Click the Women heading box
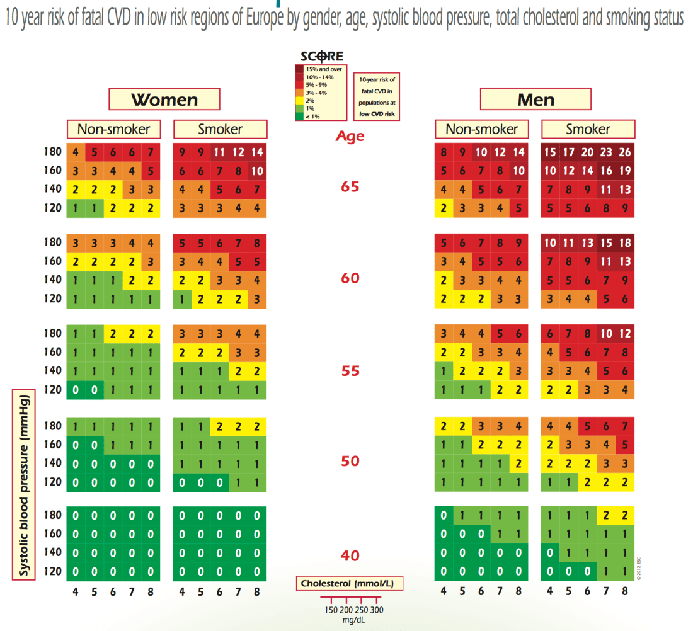coord(164,99)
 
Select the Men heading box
coord(535,99)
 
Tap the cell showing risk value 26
coord(626,152)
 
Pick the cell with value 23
coord(607,152)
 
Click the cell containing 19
coord(626,170)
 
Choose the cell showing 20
coord(588,152)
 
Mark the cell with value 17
coord(569,152)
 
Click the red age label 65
coord(350,187)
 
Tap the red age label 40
coord(350,555)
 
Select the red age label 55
coord(350,370)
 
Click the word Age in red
coord(350,135)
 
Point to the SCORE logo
coord(321,56)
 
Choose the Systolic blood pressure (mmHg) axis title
coord(23,486)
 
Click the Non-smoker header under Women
coord(113,129)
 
